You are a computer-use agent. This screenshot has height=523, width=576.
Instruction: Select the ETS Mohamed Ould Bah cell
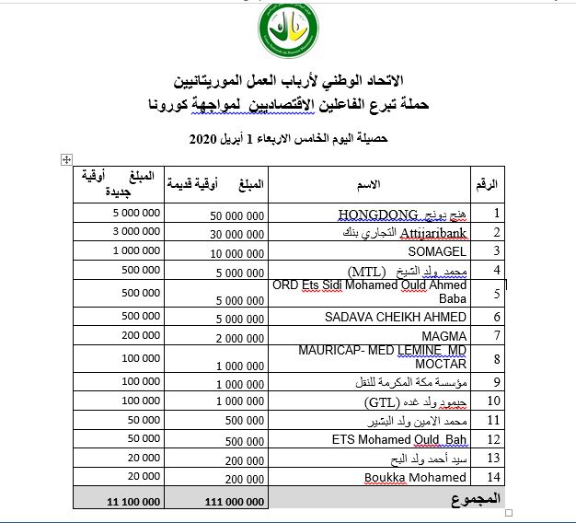click(x=399, y=439)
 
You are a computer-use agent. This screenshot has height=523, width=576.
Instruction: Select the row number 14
click(x=497, y=477)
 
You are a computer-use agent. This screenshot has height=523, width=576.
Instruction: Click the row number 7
click(x=497, y=336)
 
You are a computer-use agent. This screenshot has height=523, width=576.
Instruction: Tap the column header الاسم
click(x=368, y=185)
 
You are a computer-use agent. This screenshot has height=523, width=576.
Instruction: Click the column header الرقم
click(x=489, y=185)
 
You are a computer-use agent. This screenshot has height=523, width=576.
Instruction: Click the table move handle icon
click(x=66, y=159)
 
